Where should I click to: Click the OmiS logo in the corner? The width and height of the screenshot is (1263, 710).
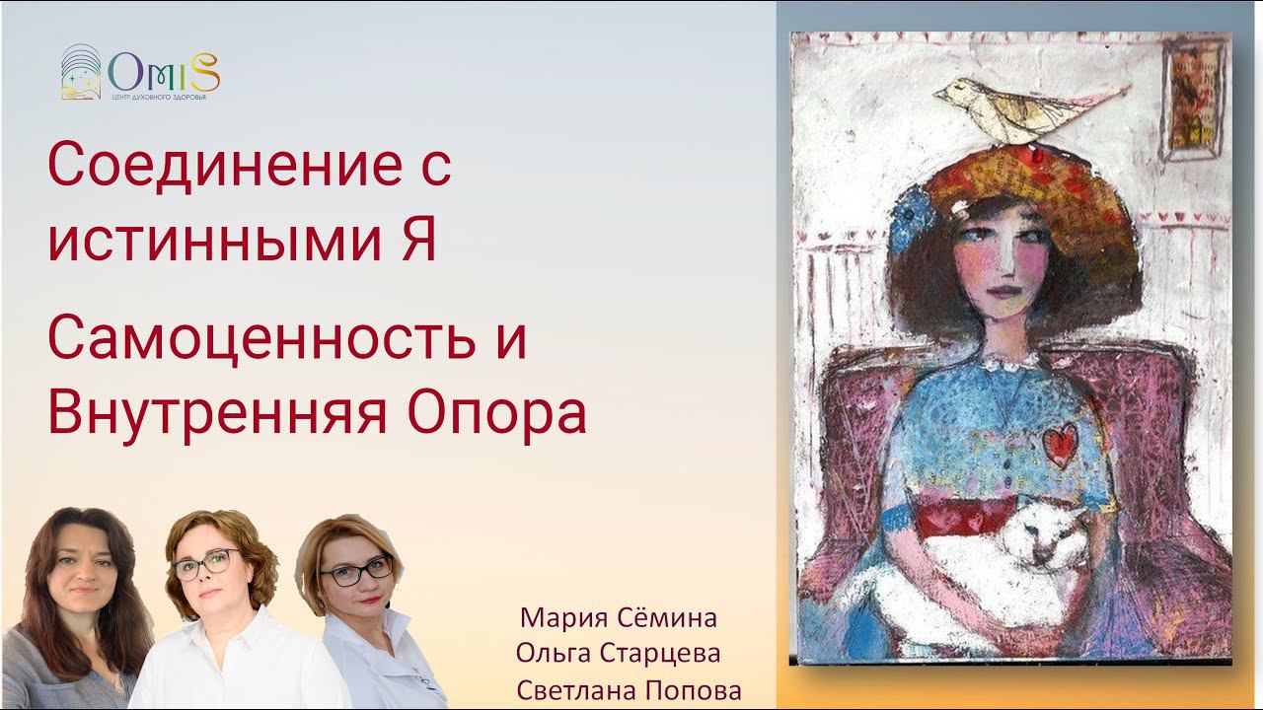click(x=139, y=73)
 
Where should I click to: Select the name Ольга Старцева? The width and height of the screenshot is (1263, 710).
click(x=619, y=654)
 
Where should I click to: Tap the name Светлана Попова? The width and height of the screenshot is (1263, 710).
click(x=629, y=689)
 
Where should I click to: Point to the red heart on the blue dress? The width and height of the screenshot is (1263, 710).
click(x=1061, y=442)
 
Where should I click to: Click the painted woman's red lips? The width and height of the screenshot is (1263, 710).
click(x=1003, y=294)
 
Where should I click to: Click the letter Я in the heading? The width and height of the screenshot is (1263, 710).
click(x=415, y=242)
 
